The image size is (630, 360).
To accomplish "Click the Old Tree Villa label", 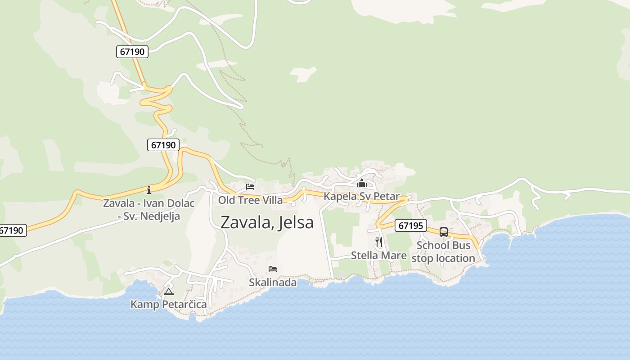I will pyautogui.click(x=250, y=200).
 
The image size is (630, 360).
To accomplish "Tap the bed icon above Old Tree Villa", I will pyautogui.click(x=250, y=187).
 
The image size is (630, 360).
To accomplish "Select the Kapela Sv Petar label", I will pyautogui.click(x=361, y=196).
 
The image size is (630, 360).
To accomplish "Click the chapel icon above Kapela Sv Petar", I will pyautogui.click(x=362, y=183).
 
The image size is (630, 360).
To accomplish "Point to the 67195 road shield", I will pyautogui.click(x=411, y=225).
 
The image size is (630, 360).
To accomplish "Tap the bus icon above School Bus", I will pyautogui.click(x=444, y=232).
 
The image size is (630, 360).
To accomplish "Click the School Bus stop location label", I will pyautogui.click(x=443, y=252).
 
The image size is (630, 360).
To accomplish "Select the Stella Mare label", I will pyautogui.click(x=378, y=256).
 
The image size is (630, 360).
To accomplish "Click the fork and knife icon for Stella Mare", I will pyautogui.click(x=379, y=243).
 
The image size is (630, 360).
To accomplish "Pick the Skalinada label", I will pyautogui.click(x=273, y=283).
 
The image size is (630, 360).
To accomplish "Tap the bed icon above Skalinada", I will pyautogui.click(x=273, y=269).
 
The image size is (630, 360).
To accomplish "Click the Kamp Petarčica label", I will pyautogui.click(x=169, y=305).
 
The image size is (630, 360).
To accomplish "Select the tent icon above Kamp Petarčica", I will pyautogui.click(x=169, y=292).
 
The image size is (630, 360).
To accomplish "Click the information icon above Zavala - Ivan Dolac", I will pyautogui.click(x=149, y=190).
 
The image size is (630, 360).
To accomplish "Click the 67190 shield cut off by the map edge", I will pyautogui.click(x=12, y=230).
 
